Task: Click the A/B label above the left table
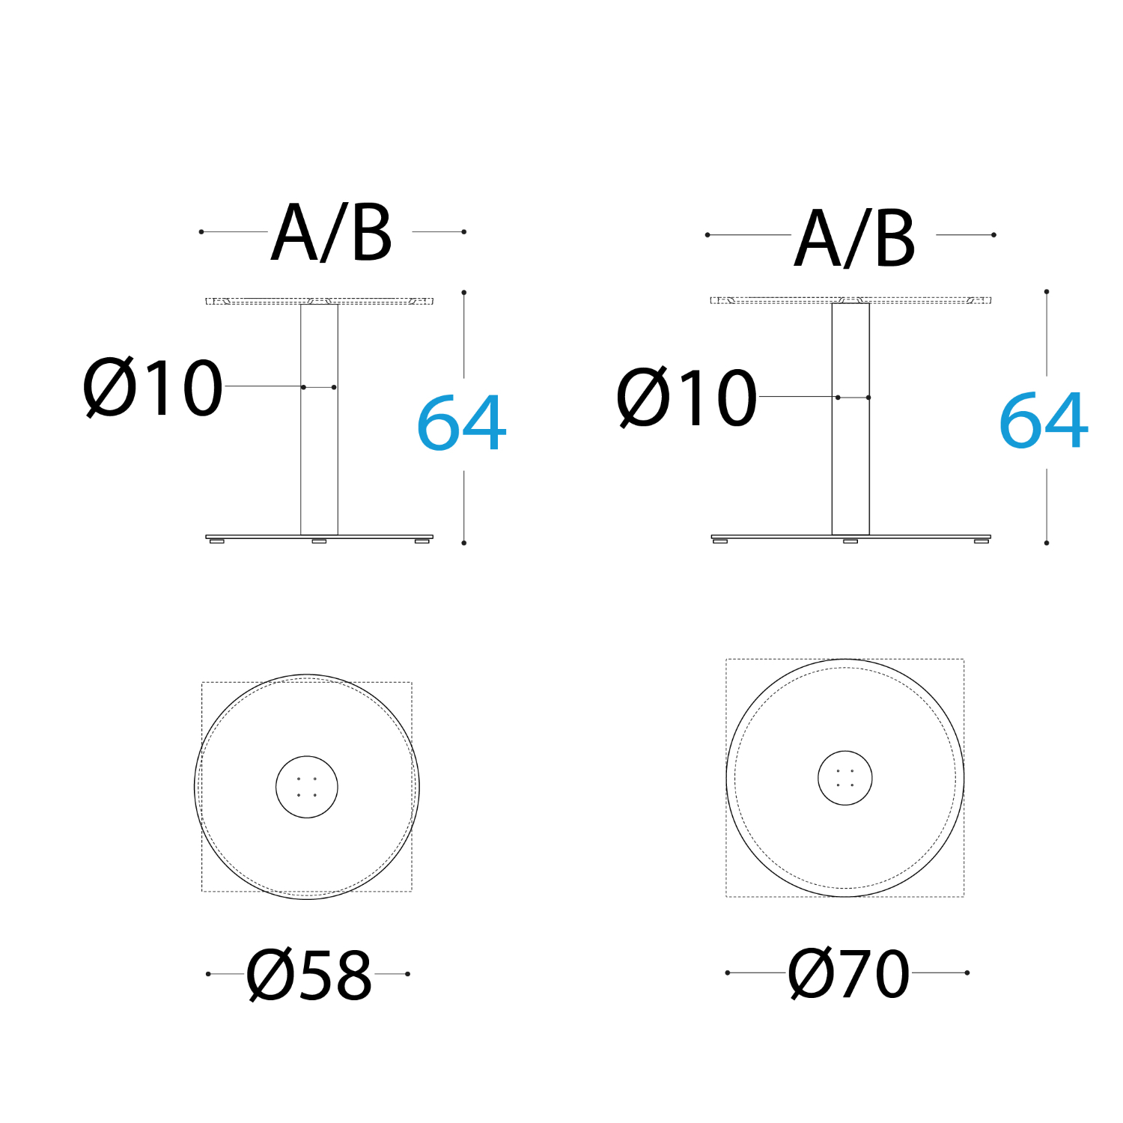click(332, 233)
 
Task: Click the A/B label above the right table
click(855, 238)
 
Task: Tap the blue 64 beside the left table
click(461, 423)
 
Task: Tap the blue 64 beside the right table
click(1044, 420)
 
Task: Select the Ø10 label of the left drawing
click(153, 388)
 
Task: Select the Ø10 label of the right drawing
click(687, 398)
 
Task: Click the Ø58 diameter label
click(309, 975)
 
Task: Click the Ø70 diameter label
click(849, 973)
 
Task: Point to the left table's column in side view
click(319, 419)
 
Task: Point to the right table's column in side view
click(850, 419)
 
